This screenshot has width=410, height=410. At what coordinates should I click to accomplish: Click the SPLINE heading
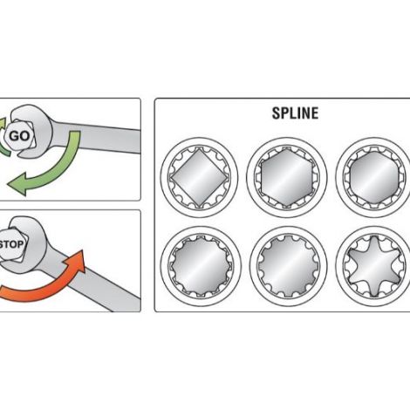(x=295, y=113)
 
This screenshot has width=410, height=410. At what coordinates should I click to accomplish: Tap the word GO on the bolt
(x=19, y=136)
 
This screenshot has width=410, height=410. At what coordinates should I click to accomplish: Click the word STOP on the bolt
(x=11, y=244)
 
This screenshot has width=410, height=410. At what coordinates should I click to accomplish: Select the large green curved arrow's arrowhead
(x=17, y=184)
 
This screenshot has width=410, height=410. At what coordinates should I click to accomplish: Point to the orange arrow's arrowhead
(x=76, y=260)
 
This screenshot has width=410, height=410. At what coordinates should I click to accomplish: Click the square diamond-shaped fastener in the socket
(x=199, y=178)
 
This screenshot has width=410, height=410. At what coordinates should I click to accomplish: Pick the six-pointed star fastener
(x=374, y=266)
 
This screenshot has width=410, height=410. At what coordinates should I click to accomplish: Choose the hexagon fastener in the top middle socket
(x=287, y=178)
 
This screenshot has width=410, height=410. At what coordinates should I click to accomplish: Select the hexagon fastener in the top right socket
(x=374, y=177)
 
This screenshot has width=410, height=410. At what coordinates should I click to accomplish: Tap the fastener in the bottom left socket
(x=200, y=266)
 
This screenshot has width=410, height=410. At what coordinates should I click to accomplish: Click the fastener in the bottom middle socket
(x=287, y=266)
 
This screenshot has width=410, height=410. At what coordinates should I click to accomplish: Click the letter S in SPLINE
(x=276, y=113)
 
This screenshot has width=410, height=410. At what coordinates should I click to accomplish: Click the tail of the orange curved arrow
(x=2, y=291)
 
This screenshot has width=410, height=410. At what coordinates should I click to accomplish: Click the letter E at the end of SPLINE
(x=315, y=113)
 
